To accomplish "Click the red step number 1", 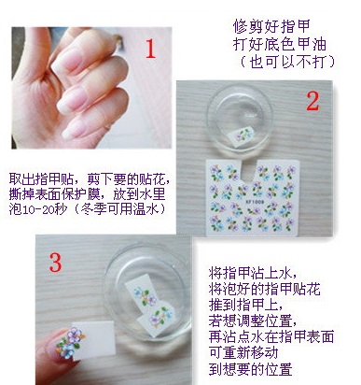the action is [x=151, y=49].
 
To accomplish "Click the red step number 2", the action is [x=312, y=102].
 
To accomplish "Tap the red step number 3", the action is [x=56, y=263].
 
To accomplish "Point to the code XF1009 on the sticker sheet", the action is [x=255, y=202].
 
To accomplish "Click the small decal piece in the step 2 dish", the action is [x=242, y=135].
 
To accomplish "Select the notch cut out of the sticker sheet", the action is [x=249, y=172].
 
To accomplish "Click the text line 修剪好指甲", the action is [x=271, y=26].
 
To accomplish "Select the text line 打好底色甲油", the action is [x=280, y=44].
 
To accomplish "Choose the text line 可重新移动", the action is [x=243, y=353].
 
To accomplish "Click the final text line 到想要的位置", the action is [x=251, y=369].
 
